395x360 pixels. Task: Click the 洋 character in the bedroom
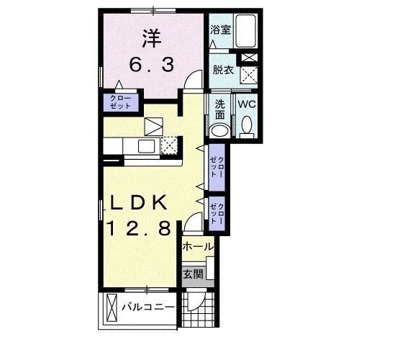point(150,35)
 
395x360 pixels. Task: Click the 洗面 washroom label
point(219,109)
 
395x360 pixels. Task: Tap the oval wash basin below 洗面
point(219,130)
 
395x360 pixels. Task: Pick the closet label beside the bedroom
point(119,102)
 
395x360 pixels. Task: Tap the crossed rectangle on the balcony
point(111,308)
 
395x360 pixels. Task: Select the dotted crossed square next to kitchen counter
point(169,145)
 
